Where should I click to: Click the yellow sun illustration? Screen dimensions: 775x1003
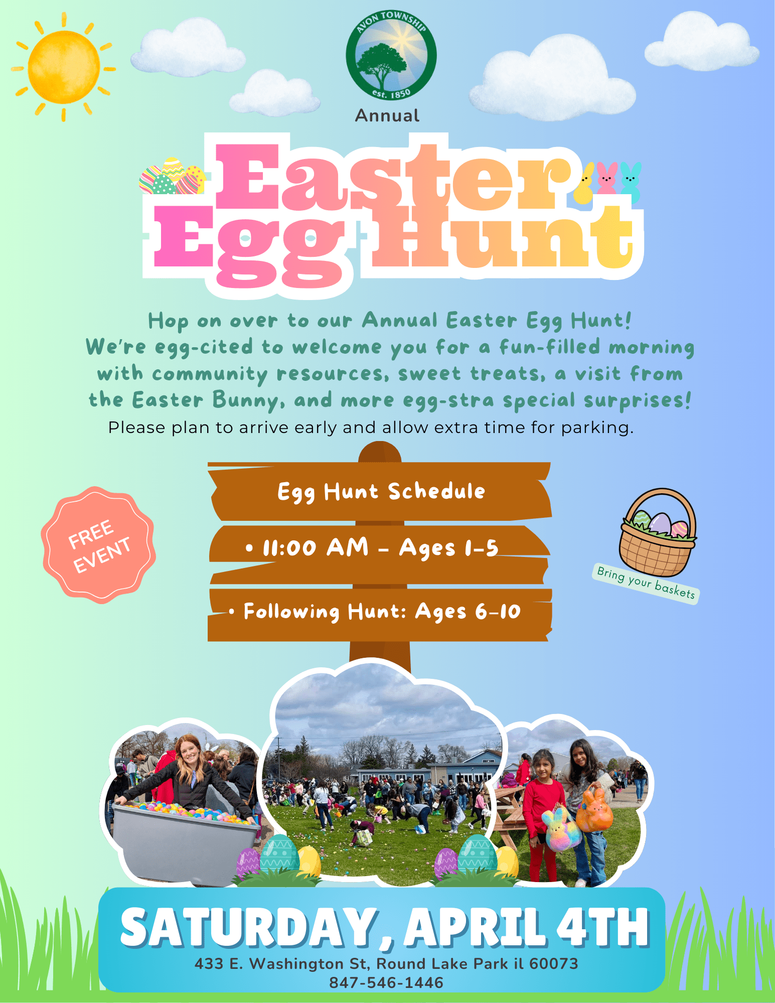click(x=64, y=67)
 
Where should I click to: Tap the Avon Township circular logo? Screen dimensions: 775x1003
click(x=391, y=54)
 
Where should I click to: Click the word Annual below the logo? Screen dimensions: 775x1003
click(x=387, y=116)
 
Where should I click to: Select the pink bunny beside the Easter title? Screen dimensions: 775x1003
click(x=607, y=178)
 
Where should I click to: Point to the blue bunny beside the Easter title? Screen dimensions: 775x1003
click(x=631, y=182)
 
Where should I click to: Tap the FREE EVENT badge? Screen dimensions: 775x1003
click(x=98, y=545)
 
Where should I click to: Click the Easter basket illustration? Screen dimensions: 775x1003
click(x=658, y=532)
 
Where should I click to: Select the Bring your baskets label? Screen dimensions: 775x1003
click(x=646, y=583)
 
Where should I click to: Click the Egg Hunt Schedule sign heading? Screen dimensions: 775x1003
click(x=381, y=492)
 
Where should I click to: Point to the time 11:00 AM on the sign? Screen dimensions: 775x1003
click(x=315, y=547)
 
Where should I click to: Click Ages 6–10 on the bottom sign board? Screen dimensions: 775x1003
click(x=468, y=612)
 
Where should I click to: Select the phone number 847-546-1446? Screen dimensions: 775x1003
click(x=386, y=982)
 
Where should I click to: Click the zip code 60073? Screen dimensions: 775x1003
click(x=554, y=963)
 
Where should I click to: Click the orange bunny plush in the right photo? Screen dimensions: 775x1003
click(x=595, y=809)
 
